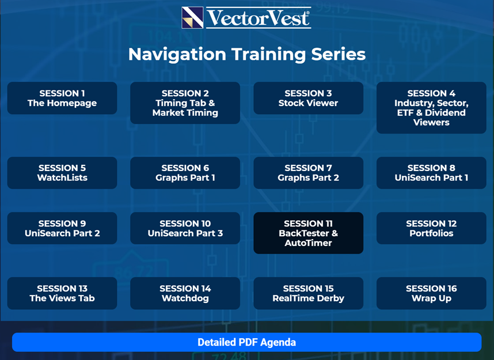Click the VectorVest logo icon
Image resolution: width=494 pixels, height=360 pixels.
(192, 18)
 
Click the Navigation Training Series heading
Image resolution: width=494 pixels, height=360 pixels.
(246, 54)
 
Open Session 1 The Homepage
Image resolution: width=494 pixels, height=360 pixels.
(62, 98)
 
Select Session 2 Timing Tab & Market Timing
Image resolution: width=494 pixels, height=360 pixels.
(185, 103)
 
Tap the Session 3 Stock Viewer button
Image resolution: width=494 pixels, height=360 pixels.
(308, 98)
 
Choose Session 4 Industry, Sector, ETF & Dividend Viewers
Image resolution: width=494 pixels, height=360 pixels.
(431, 108)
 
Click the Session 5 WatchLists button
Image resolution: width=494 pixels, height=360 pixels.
(62, 173)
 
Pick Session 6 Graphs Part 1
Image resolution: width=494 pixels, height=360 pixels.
(185, 173)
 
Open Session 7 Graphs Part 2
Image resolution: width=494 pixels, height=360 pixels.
(308, 173)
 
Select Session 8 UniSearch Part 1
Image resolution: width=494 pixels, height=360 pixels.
(431, 173)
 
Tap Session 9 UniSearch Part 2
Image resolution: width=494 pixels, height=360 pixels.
(62, 228)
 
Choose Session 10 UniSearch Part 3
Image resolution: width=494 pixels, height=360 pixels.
(185, 228)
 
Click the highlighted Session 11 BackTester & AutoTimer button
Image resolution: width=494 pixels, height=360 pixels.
(308, 233)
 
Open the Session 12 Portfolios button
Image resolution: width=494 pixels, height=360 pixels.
(431, 228)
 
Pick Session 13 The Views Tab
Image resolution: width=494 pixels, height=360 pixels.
(62, 293)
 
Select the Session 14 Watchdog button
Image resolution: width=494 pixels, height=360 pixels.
(185, 293)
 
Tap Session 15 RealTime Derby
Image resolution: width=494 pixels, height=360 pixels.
(308, 293)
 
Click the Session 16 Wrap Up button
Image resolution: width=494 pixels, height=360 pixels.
(431, 293)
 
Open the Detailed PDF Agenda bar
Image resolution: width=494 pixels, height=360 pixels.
(246, 342)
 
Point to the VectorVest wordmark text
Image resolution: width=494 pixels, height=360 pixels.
(259, 18)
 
